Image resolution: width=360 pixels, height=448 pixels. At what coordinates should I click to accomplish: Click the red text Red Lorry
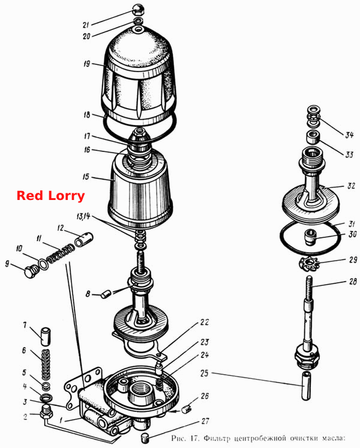pos(50,196)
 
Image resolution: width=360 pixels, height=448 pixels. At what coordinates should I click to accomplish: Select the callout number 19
pos(87,64)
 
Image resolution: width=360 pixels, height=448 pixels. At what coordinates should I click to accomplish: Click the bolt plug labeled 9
pos(30,271)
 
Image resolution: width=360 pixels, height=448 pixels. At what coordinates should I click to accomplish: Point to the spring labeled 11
pos(61,253)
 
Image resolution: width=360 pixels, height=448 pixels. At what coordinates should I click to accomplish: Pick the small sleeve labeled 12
pos(84,239)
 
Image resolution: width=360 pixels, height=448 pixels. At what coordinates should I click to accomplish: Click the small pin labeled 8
pos(106,294)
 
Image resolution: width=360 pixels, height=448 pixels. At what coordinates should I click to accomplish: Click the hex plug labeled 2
pos(46,411)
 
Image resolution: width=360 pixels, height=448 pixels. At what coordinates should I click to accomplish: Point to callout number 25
pos(205,373)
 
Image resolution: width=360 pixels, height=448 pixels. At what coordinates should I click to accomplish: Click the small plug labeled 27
pos(146,437)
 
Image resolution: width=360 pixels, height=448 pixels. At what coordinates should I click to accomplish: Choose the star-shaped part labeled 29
pos(310,265)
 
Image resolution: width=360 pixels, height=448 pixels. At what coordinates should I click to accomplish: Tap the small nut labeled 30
pos(310,237)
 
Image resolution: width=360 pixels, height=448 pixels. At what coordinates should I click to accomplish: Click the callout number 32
pos(351,186)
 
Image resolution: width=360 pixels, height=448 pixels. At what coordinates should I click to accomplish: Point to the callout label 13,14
pos(83,216)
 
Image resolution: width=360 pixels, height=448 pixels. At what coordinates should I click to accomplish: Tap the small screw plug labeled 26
pos(186,409)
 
